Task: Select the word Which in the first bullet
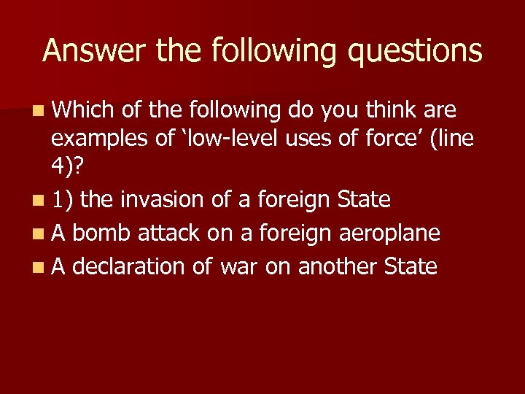81,110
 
